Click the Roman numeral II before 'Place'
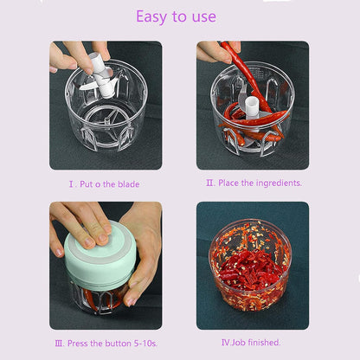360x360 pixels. [x=209, y=183]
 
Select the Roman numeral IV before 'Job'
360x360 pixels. [x=225, y=342]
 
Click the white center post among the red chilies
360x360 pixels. [x=252, y=106]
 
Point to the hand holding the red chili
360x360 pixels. [x=212, y=52]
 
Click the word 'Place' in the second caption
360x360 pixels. [x=230, y=183]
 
